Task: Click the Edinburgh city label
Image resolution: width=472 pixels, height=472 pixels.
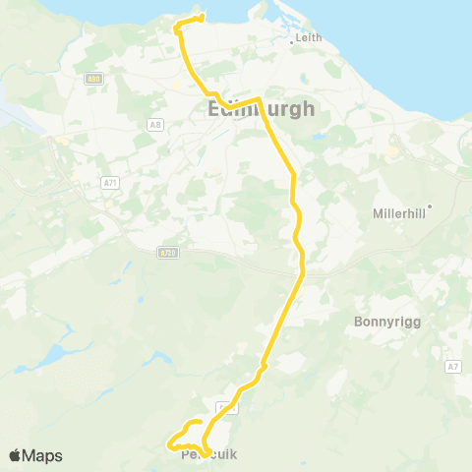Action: click(x=262, y=110)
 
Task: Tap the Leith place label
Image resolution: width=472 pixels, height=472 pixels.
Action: click(x=309, y=37)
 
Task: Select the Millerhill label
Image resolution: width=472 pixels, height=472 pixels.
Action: click(x=398, y=212)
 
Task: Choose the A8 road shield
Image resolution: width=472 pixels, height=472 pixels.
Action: click(x=155, y=124)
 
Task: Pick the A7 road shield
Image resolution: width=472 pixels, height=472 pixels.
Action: click(x=452, y=367)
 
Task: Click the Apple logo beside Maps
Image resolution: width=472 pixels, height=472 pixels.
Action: click(x=15, y=455)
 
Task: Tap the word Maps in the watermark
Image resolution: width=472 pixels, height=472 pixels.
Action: click(x=43, y=455)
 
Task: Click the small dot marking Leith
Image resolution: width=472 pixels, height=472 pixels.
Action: click(x=293, y=42)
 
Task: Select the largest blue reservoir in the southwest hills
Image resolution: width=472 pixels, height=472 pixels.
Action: click(x=56, y=351)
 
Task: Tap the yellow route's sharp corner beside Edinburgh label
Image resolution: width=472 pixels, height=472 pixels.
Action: click(x=258, y=100)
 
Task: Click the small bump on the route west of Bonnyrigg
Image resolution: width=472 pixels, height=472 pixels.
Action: click(x=262, y=370)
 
